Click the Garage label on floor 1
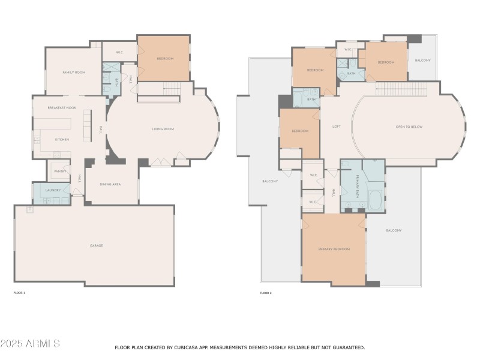click(97, 245)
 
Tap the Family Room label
click(74, 72)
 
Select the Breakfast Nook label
click(62, 107)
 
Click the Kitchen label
click(62, 140)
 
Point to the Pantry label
click(60, 172)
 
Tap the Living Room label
click(162, 129)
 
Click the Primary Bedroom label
click(334, 249)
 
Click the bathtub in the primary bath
click(375, 200)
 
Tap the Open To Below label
click(409, 127)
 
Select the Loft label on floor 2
click(337, 127)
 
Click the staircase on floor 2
click(396, 88)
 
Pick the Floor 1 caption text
click(19, 293)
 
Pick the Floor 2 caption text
click(266, 293)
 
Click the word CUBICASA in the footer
click(193, 347)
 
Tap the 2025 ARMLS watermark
click(30, 344)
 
